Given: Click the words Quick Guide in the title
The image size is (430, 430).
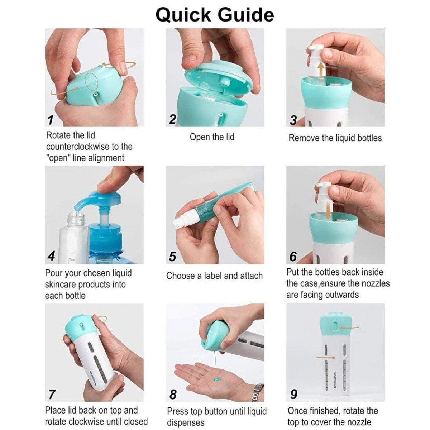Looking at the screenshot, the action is [x=215, y=15].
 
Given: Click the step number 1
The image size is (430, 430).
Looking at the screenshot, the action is [x=51, y=120].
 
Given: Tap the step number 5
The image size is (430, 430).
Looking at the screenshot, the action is [x=172, y=256].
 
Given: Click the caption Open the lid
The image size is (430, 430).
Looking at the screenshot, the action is [x=212, y=137].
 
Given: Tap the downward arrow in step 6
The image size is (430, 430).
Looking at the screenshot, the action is [x=328, y=210].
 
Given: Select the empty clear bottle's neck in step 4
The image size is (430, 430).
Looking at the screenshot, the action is [x=76, y=219].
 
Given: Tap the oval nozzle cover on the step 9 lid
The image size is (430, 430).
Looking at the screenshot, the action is [x=335, y=326].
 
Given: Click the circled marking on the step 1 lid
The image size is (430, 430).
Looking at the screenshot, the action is [x=92, y=81].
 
